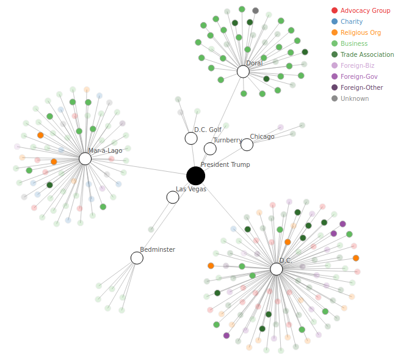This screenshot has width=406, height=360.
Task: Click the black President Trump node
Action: coord(195,176)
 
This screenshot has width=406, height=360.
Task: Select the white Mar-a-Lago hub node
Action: coord(85,159)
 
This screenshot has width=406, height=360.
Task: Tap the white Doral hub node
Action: coord(243,72)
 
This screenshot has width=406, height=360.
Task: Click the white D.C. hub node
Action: coord(277,269)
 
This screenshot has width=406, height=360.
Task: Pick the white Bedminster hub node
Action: coord(137,258)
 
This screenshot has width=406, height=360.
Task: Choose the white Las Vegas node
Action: coord(173,197)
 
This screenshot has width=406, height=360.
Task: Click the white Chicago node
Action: coord(247,145)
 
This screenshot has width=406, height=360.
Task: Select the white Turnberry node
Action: coord(210,149)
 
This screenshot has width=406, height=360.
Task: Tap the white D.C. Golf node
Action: coord(191,138)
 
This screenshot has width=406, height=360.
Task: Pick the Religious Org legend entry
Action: coord(360,32)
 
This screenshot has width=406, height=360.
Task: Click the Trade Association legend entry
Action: coord(367,54)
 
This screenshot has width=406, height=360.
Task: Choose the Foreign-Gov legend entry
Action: coord(359,76)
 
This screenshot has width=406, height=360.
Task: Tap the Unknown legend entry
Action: coord(354,98)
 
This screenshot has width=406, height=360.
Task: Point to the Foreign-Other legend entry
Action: coord(361,87)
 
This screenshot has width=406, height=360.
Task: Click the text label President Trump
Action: coord(225,165)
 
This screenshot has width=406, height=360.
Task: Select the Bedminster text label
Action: coord(158,249)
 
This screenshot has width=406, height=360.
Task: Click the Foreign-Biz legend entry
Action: coord(357,65)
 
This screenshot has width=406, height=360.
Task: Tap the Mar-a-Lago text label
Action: coord(105,150)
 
